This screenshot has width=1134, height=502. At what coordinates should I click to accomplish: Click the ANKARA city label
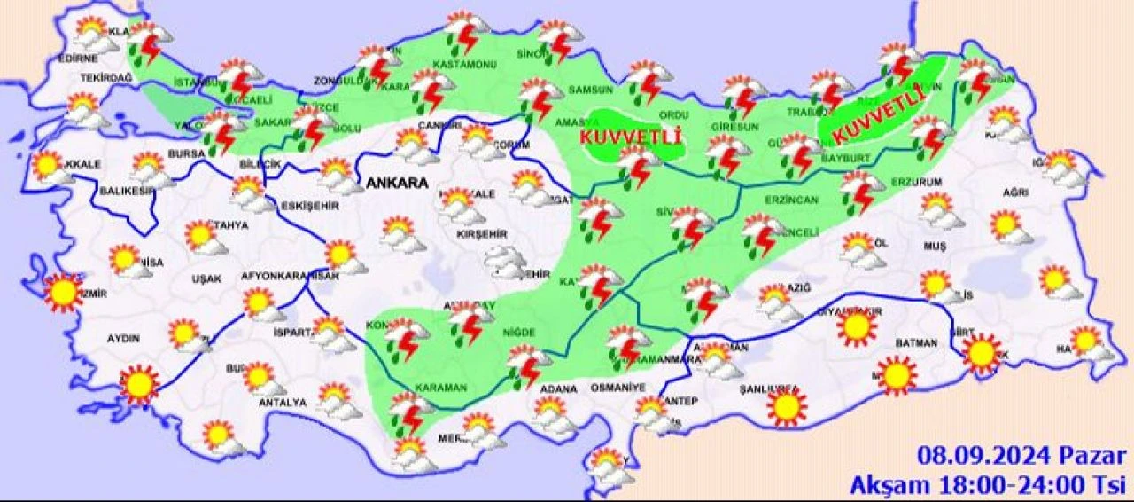click(x=396, y=184)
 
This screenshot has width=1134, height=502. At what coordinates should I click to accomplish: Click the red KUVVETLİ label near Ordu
click(x=630, y=137)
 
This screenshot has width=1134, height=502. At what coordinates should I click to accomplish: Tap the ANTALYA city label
click(x=282, y=403)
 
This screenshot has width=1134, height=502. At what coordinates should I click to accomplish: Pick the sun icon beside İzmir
click(x=63, y=293)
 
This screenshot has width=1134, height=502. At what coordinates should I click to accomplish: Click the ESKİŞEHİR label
click(x=305, y=206)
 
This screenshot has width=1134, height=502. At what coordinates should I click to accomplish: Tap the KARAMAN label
click(x=440, y=388)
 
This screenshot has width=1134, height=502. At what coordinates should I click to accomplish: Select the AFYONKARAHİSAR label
click(x=290, y=276)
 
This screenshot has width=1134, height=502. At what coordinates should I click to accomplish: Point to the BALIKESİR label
click(x=125, y=190)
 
